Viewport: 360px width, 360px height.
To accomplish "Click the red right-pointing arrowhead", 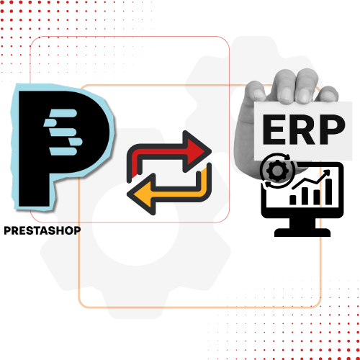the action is [x=197, y=151].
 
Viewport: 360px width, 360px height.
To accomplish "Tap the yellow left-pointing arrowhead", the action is [x=142, y=194].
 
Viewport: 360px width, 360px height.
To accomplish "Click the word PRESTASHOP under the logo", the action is [x=42, y=230].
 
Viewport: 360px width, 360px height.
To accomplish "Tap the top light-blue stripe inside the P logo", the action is [x=63, y=113].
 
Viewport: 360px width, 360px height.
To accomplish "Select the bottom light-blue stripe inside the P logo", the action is [x=63, y=151].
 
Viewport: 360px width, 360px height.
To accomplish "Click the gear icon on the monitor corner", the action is [x=277, y=171].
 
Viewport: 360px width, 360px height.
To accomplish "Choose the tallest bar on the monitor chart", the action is [x=328, y=192].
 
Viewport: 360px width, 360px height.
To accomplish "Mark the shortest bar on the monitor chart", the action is [x=293, y=199].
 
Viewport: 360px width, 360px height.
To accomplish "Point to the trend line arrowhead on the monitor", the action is [x=327, y=173].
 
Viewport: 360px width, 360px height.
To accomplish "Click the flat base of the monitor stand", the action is [x=302, y=233].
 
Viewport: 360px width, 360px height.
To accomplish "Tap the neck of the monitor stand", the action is [x=302, y=223].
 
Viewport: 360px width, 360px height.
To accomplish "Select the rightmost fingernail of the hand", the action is [x=329, y=94].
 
